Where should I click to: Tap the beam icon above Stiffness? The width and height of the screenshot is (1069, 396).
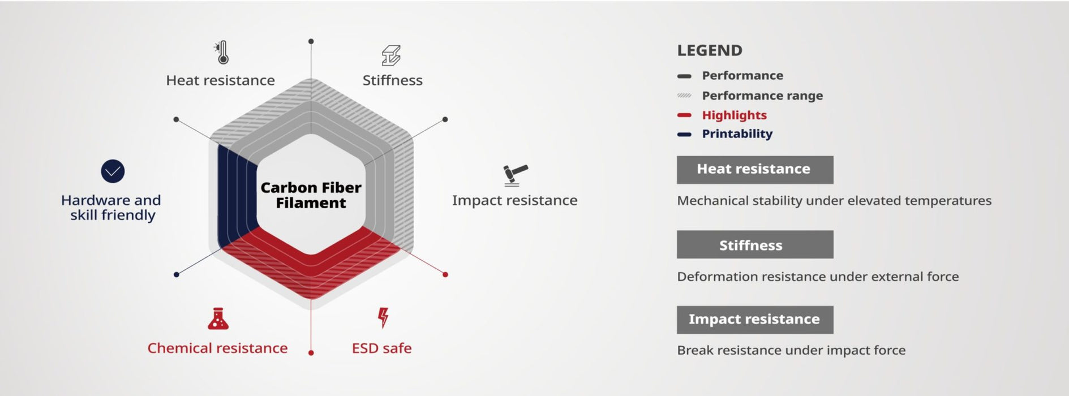391,55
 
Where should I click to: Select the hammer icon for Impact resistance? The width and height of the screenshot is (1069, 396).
515,175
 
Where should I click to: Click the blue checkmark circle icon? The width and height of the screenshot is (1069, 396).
113,171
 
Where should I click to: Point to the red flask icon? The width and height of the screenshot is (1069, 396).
218,318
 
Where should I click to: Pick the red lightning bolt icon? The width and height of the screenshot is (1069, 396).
383,317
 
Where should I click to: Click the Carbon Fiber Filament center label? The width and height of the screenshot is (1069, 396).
311,195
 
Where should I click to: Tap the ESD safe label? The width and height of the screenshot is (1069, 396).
381,348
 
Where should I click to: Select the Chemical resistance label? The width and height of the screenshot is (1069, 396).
217,348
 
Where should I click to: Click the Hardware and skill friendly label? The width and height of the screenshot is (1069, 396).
111,208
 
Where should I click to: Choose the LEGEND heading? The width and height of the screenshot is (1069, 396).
710,50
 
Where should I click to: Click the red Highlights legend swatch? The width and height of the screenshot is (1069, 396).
684,115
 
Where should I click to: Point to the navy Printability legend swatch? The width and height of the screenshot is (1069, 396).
684,135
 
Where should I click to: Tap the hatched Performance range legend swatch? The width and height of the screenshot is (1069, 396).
684,96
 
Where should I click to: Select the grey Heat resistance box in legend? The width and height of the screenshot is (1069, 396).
755,170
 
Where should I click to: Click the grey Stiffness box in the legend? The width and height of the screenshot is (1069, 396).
755,244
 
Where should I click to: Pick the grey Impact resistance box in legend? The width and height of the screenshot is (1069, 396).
755,320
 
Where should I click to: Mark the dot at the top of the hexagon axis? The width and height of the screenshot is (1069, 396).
311,41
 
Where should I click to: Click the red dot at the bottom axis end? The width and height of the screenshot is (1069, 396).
311,353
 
